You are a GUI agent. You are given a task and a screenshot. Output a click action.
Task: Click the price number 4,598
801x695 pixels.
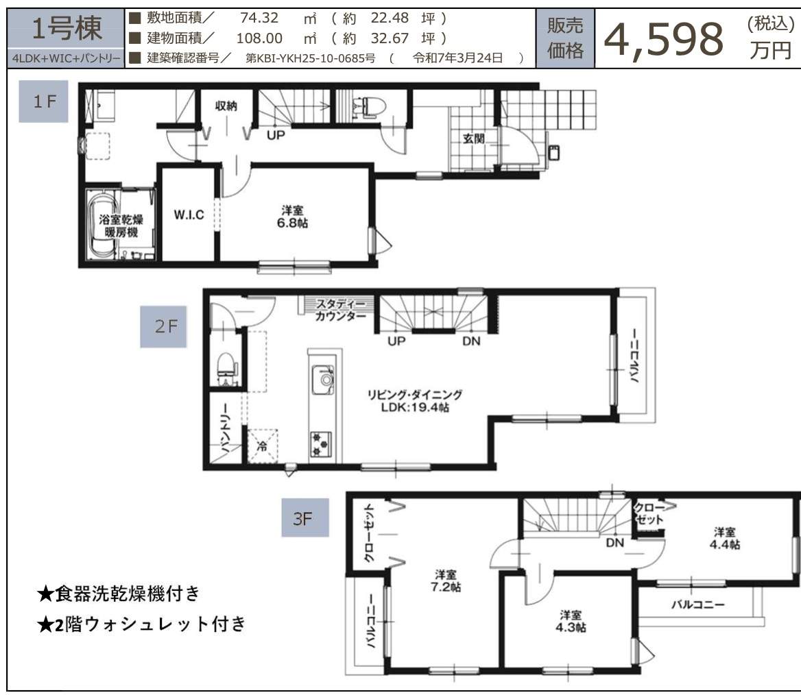coord(663,39)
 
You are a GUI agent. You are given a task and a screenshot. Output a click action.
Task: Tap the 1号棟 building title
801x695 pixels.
coord(67,29)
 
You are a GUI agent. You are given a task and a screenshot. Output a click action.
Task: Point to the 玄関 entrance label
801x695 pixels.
coord(473,138)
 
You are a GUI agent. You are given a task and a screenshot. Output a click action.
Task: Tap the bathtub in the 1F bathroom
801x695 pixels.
coord(101,224)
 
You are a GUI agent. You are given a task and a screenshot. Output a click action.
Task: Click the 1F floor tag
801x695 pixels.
coord(43,102)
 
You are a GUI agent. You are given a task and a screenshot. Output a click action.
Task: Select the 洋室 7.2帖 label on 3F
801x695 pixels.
coord(446,581)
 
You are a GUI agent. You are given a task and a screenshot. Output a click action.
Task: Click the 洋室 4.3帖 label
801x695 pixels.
coord(571,620)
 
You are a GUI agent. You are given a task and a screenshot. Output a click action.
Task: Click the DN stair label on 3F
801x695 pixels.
coord(614,543)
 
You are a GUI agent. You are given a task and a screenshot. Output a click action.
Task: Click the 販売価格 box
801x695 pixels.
coord(565,38)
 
